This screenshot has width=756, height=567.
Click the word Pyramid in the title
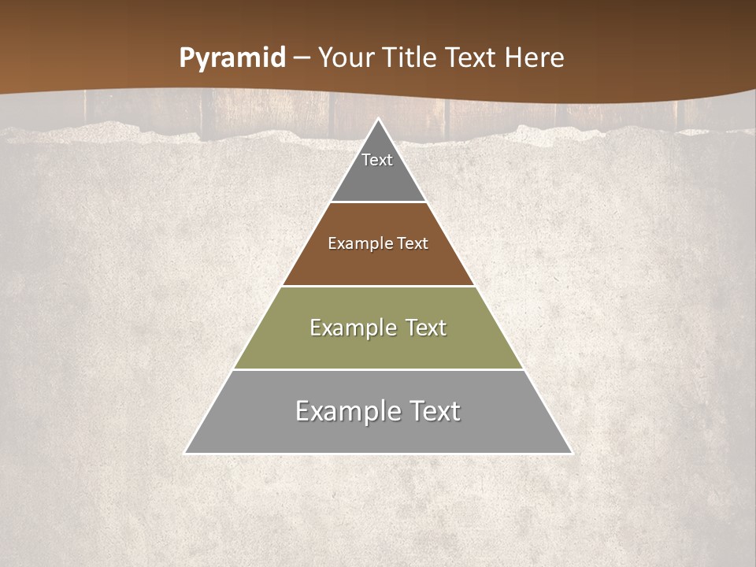point(232,58)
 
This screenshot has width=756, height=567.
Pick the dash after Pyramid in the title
point(302,58)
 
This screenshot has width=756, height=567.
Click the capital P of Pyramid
point(187,57)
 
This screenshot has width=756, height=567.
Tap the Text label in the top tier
point(377,160)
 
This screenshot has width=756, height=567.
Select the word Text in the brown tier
point(413,243)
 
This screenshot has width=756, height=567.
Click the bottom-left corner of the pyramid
point(186,453)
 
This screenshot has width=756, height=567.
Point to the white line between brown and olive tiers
point(378,286)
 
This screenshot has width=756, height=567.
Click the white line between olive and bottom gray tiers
point(378,369)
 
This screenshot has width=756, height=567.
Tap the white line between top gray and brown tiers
point(378,202)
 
